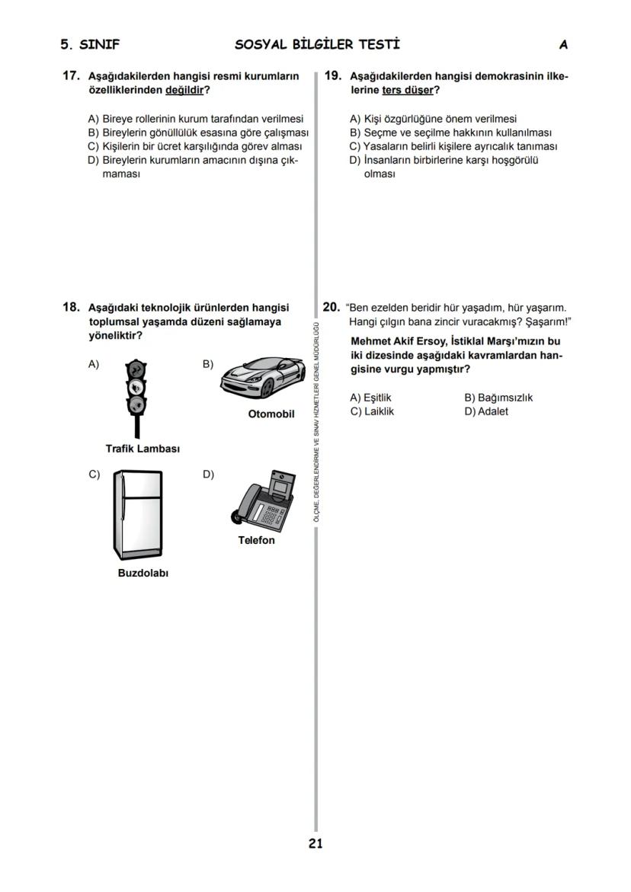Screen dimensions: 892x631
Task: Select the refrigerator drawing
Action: pos(138,515)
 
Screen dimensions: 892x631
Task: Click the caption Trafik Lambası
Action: pos(143,449)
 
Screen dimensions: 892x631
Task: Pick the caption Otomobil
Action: pos(271,414)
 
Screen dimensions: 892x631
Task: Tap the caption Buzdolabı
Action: pos(143,573)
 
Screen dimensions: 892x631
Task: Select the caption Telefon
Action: pos(256,540)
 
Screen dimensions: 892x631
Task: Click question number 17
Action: pos(71,76)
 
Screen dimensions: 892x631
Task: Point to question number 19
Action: pos(332,76)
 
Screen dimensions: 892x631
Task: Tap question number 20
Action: pos(332,308)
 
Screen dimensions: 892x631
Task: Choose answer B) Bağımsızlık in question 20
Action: pos(498,398)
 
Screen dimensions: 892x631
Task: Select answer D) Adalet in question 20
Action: pos(486,411)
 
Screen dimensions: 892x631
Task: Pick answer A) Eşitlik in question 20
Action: pos(370,398)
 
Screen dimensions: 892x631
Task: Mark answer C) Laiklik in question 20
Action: pos(372,411)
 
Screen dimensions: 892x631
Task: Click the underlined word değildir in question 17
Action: pos(184,90)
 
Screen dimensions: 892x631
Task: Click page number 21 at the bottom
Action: pos(315,843)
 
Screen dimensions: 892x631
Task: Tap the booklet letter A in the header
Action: pos(563,45)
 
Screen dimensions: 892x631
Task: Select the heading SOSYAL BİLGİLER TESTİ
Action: pos(317,45)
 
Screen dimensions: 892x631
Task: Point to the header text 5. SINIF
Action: pos(90,45)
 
